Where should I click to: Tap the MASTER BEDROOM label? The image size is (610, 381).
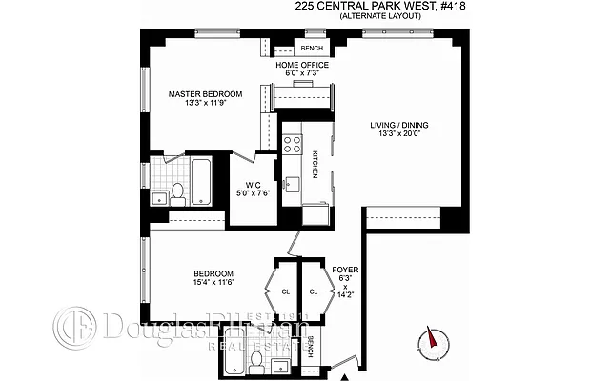pos(205,94)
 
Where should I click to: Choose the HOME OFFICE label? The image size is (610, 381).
pos(303,65)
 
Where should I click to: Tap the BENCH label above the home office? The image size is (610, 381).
pos(312,48)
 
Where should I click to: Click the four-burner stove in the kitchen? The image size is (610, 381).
pos(292,144)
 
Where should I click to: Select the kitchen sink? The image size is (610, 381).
pos(293,184)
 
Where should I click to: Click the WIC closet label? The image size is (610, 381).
pos(253,187)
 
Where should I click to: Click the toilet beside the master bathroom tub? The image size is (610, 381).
pos(176,196)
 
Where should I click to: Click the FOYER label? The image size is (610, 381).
pos(344,271)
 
